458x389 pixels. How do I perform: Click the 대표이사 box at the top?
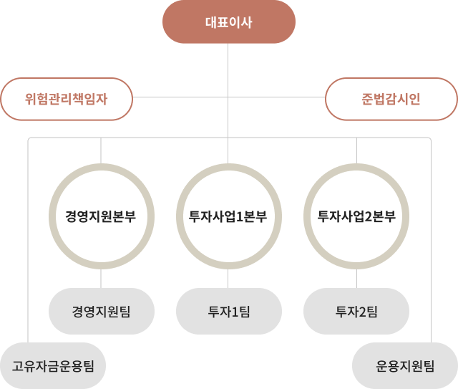[228, 21]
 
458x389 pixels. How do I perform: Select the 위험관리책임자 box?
[66, 99]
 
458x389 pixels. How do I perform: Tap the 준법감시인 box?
[391, 99]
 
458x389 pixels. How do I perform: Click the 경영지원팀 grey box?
[100, 311]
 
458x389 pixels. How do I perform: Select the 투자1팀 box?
[228, 311]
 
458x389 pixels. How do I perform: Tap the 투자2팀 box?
[356, 311]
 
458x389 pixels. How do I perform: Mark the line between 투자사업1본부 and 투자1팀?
[228, 279]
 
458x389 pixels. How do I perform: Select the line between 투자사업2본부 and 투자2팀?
[356, 279]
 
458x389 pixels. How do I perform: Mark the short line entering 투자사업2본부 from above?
[356, 150]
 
